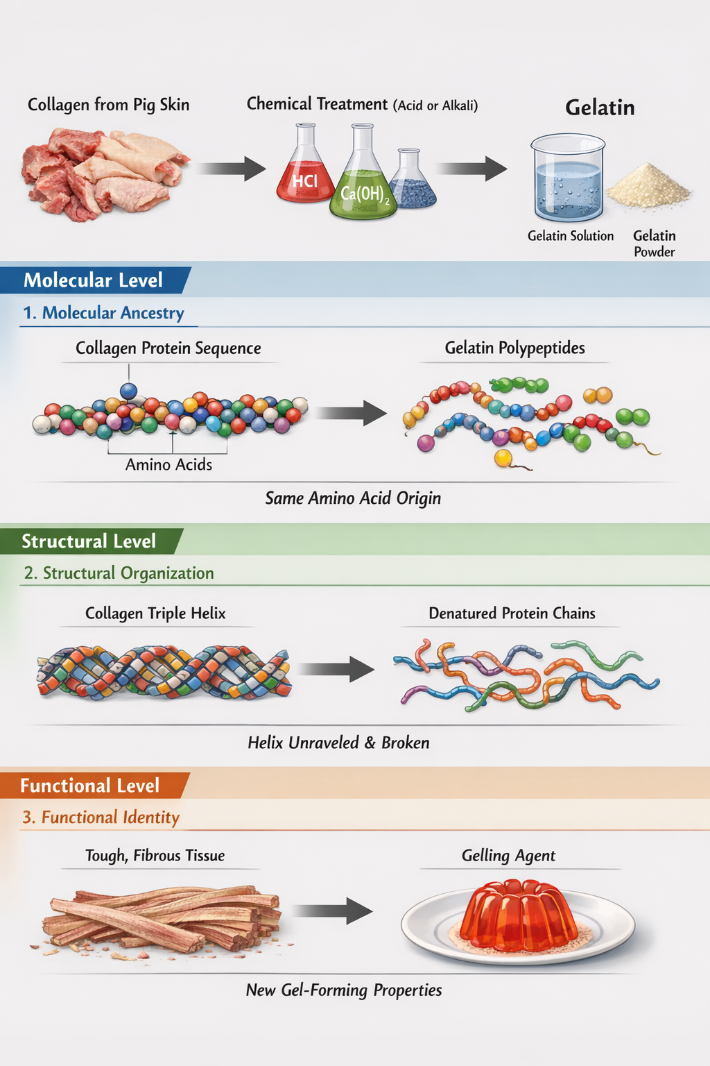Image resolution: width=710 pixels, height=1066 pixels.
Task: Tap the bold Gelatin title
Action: (x=600, y=108)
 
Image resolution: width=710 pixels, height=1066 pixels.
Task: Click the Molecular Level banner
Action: (x=94, y=280)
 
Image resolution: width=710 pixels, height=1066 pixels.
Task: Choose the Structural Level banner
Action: (x=89, y=541)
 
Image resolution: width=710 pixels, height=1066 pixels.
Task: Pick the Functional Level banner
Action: (x=90, y=786)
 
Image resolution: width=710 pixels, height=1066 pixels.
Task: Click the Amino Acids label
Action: (x=168, y=465)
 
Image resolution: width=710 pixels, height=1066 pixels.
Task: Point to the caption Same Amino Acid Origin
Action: (x=353, y=498)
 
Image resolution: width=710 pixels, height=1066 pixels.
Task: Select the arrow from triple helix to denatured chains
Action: (x=336, y=669)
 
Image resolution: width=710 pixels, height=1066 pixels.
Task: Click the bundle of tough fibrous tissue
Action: (x=164, y=917)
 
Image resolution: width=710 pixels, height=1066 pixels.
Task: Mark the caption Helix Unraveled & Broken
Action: (x=338, y=743)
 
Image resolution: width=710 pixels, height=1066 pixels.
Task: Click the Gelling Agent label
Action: (x=508, y=856)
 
